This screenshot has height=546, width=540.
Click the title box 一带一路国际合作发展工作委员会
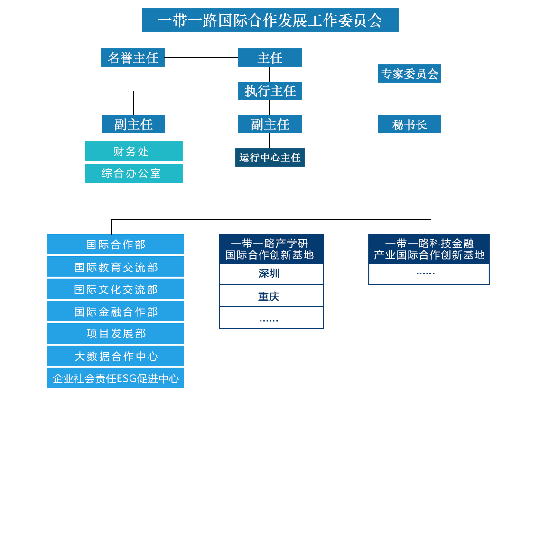(x=270, y=20)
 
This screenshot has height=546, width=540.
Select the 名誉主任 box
(x=133, y=58)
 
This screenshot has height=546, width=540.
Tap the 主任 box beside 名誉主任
(x=270, y=58)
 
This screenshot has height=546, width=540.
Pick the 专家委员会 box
(x=410, y=74)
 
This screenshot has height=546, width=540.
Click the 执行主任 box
(x=270, y=91)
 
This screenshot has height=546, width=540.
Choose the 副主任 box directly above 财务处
(x=133, y=124)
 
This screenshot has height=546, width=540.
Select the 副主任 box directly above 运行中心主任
(x=270, y=124)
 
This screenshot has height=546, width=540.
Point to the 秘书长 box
(x=410, y=124)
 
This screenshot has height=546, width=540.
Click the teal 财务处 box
(x=134, y=151)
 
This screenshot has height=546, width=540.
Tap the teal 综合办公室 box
(x=134, y=173)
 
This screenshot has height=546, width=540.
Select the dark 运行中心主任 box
(x=270, y=158)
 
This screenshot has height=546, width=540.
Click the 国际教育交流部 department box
(x=116, y=267)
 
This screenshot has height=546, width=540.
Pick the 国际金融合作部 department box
(x=116, y=311)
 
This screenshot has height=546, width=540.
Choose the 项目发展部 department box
(x=116, y=333)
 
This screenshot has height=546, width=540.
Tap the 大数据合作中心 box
(x=116, y=356)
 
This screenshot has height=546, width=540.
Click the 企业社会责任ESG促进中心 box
(x=116, y=378)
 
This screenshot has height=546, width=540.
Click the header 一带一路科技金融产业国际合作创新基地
(x=429, y=249)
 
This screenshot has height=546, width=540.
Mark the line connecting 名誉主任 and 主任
(x=201, y=58)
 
